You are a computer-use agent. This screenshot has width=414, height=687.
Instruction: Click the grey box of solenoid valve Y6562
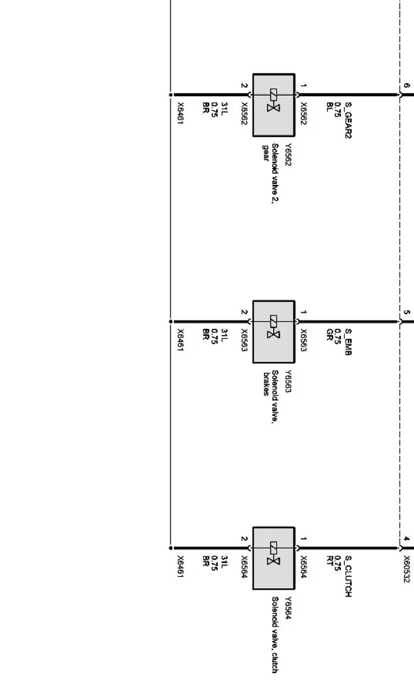[x=273, y=105]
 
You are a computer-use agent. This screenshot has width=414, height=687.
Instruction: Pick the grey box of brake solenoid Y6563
[x=273, y=332]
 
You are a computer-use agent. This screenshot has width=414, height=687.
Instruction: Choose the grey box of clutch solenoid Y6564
[x=273, y=558]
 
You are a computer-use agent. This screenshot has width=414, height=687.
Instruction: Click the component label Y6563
[x=288, y=381]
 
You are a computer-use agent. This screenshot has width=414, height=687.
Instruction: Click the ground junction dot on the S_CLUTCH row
[x=170, y=548]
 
